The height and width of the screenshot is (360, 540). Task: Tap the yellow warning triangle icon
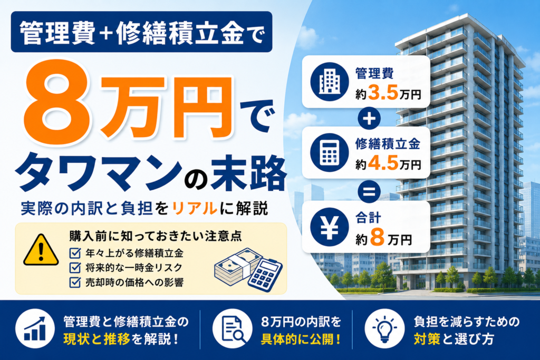point(41,250)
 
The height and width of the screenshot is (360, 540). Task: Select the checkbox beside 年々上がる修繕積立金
point(75,253)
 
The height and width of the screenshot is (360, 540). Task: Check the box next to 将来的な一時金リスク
point(75,267)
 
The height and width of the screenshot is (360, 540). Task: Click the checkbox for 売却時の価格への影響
point(75,282)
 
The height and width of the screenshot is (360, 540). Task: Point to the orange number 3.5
point(383,93)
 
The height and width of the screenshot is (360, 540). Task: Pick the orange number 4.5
point(383,163)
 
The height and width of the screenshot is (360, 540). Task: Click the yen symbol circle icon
point(329,227)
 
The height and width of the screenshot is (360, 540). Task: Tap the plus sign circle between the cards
point(369,119)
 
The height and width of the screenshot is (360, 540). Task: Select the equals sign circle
point(369,191)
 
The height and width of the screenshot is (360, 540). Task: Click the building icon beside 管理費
point(329,82)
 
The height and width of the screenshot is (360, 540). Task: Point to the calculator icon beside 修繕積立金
point(329,152)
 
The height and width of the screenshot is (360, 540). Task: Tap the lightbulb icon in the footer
point(384,329)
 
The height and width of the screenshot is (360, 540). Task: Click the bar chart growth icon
point(35,329)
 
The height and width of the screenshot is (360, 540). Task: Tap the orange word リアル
point(194,209)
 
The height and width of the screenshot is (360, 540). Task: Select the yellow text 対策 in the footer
point(427,339)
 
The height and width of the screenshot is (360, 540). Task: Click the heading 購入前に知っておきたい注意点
point(156,236)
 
